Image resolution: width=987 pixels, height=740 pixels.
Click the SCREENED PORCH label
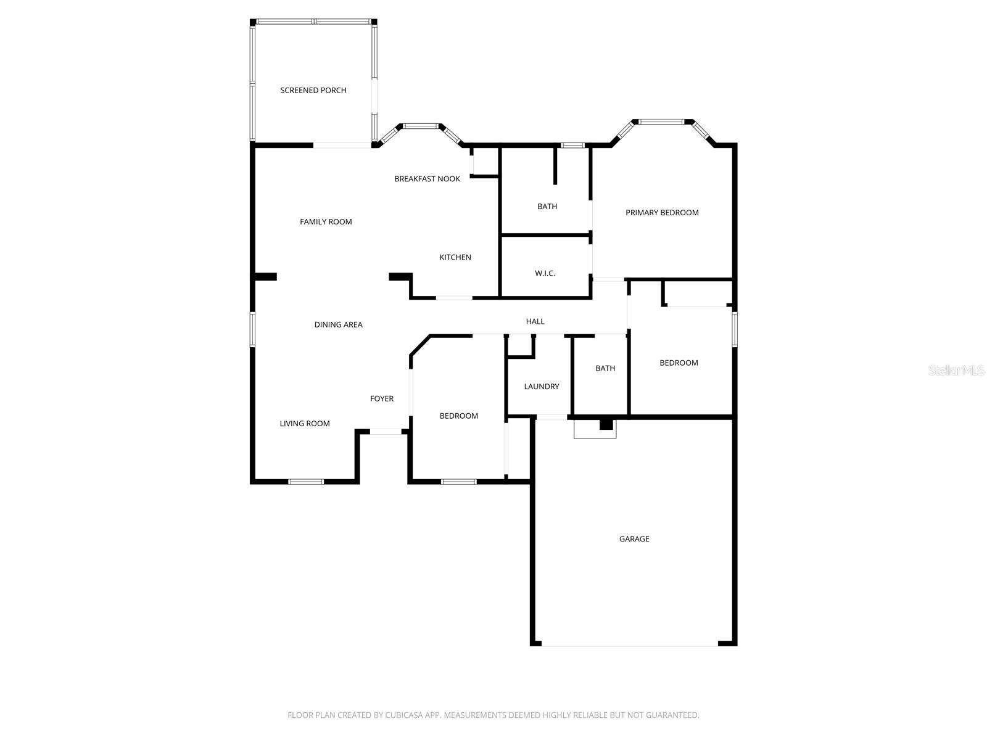point(313,90)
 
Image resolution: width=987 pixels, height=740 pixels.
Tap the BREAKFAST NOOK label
point(427,179)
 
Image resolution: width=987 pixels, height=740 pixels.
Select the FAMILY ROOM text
point(326,222)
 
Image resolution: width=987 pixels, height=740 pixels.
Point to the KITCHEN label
point(455,257)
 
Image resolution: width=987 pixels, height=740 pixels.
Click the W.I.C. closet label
point(545,273)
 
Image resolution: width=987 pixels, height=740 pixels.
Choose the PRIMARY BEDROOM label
point(662,213)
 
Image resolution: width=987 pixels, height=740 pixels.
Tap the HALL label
point(535,321)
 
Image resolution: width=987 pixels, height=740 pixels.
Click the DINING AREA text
point(338,324)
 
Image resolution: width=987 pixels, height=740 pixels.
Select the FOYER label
point(382,398)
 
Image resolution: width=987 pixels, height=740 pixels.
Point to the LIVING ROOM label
point(305,424)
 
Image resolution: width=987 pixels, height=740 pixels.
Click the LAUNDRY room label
point(542,387)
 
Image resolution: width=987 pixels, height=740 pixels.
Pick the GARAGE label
point(634,539)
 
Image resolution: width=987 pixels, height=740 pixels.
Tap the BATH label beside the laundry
point(605,368)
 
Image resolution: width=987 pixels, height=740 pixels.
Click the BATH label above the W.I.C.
point(547,207)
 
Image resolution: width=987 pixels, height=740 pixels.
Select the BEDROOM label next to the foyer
point(459,416)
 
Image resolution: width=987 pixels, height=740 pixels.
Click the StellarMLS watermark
point(956,370)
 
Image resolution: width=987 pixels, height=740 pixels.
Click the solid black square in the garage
point(606,424)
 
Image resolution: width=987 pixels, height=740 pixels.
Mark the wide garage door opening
point(630,645)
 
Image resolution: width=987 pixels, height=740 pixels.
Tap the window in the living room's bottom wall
point(306,481)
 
